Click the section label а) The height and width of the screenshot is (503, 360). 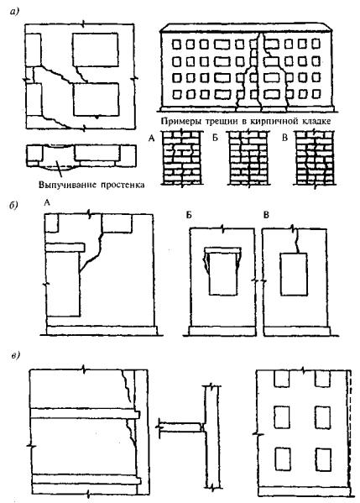click(x=15, y=12)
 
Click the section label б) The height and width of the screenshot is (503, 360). click(x=14, y=206)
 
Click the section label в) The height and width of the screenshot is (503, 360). click(x=15, y=355)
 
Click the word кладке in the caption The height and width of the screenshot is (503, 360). click(x=316, y=121)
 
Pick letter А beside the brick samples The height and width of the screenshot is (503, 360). click(x=152, y=139)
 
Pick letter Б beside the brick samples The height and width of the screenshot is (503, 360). click(x=215, y=138)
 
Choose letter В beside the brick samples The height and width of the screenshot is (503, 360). click(x=284, y=138)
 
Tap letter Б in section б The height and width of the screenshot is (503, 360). click(x=189, y=215)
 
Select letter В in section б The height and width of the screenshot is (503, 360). click(x=266, y=215)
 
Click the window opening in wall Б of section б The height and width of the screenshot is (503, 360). click(x=222, y=274)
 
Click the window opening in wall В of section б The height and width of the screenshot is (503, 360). click(x=294, y=275)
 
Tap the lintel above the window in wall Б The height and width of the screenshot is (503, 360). click(x=222, y=250)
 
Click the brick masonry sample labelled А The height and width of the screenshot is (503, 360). click(x=182, y=157)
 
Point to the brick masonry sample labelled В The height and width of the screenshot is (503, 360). click(x=315, y=157)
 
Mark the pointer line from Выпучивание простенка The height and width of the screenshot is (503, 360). click(x=57, y=165)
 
